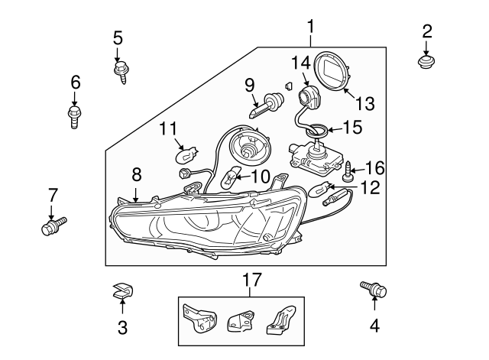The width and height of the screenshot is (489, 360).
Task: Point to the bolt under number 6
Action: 74,117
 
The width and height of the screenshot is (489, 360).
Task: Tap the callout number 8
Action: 136,175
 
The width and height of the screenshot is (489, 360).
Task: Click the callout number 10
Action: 260,177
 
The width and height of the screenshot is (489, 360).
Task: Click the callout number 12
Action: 370,187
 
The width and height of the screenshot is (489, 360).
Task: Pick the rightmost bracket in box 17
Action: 279,319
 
